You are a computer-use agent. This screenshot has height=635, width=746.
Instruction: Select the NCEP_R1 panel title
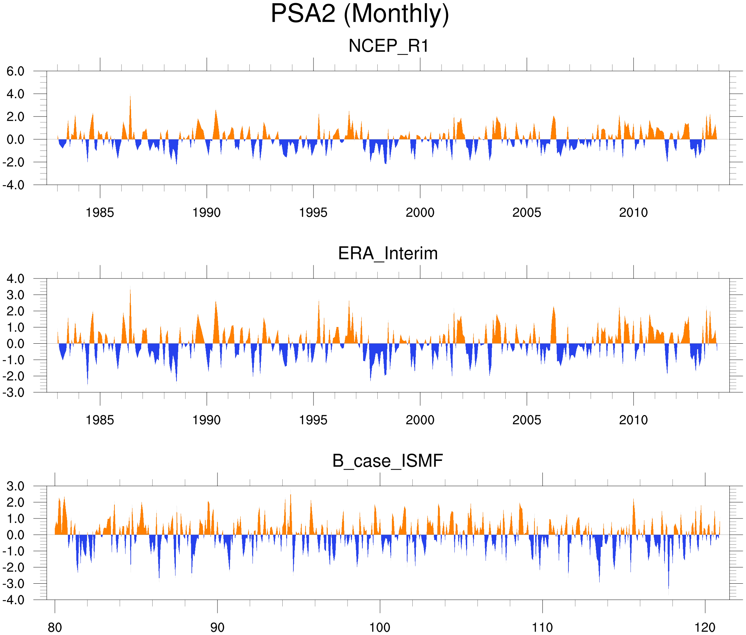point(388,46)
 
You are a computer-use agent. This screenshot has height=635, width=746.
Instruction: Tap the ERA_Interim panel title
point(388,254)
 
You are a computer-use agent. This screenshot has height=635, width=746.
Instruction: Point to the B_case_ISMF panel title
point(387,461)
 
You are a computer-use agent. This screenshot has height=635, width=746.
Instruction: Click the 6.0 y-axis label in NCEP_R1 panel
point(16,71)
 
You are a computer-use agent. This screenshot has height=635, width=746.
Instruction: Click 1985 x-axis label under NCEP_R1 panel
point(100,213)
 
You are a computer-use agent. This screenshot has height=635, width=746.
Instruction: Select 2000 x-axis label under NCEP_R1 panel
point(420,213)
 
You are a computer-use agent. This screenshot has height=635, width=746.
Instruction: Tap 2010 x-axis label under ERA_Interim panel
point(633,420)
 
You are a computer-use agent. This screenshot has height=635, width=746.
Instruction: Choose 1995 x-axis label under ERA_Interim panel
point(313,420)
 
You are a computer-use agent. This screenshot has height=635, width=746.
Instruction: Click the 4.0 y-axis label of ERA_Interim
point(16,278)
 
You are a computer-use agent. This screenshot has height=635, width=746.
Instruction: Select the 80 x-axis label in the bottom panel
point(55,627)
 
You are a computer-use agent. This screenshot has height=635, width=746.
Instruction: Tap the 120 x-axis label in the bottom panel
point(705,627)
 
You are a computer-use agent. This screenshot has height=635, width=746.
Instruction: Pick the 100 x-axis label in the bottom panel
point(380,627)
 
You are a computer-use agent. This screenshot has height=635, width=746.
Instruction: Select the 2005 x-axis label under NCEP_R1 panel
point(527,213)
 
